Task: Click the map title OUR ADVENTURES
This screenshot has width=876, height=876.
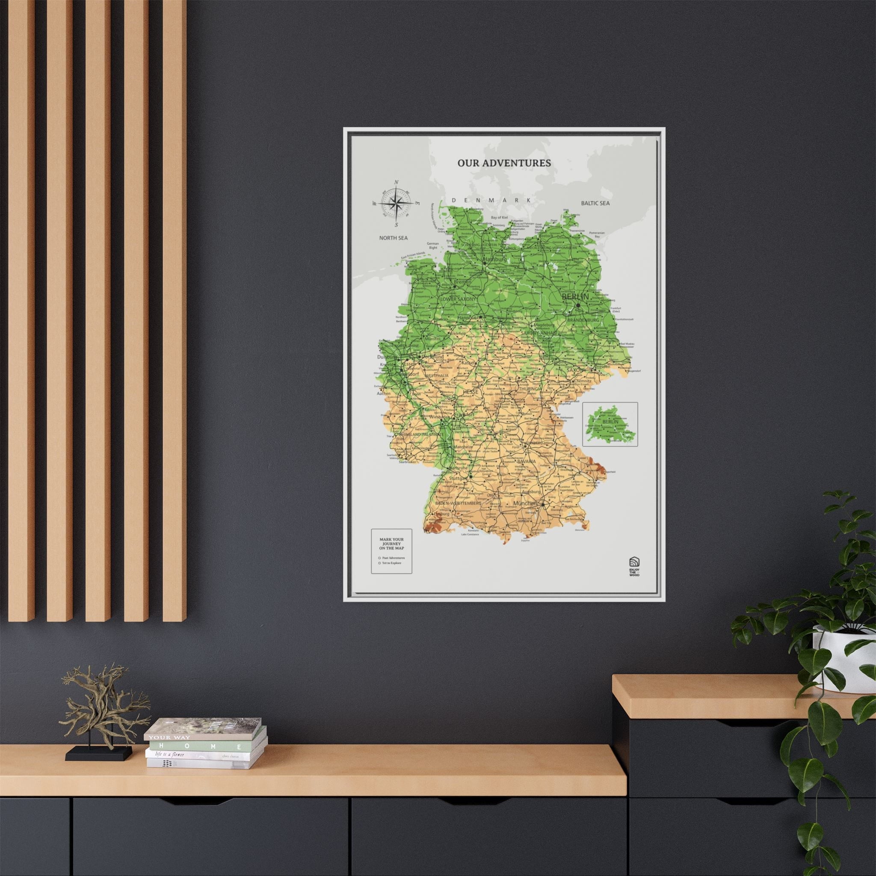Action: coord(504,163)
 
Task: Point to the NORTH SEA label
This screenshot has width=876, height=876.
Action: coord(393,237)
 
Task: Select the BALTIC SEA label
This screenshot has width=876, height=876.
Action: coord(595,203)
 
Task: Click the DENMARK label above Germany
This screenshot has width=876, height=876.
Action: coord(491,200)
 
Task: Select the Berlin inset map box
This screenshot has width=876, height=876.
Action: coord(610,424)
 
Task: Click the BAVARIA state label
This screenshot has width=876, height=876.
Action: coord(527,461)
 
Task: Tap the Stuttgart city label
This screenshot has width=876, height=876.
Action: coord(458,478)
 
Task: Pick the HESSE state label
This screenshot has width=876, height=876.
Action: coord(470,391)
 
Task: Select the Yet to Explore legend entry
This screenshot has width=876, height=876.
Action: coord(391,563)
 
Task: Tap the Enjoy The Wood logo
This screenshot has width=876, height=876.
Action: coord(634,565)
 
